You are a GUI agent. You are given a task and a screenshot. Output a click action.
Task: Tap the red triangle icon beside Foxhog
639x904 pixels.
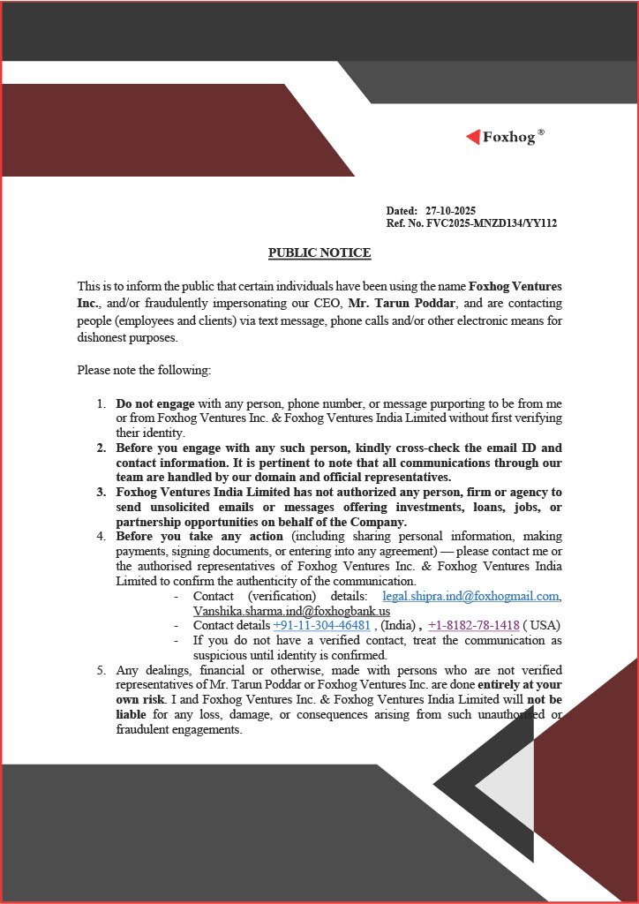473,137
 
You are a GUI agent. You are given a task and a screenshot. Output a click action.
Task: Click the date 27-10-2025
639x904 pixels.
450,211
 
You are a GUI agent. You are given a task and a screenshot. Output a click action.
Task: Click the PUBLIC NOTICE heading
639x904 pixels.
319,253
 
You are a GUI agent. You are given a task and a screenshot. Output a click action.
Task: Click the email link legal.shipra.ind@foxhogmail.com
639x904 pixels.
470,596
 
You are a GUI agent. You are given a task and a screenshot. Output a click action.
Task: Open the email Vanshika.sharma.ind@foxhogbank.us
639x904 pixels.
291,610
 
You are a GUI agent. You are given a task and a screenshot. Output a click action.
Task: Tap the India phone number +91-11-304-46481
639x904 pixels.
321,626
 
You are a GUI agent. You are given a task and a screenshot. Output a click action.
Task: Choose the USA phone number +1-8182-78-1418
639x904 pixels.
473,626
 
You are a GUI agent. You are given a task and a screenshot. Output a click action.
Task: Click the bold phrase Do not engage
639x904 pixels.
155,403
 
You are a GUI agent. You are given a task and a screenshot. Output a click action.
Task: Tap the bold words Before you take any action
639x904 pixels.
199,536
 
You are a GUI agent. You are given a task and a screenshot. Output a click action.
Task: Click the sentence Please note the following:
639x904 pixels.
144,370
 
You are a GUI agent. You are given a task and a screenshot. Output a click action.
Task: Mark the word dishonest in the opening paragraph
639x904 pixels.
104,337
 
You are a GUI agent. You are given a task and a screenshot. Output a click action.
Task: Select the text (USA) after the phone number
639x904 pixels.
542,626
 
